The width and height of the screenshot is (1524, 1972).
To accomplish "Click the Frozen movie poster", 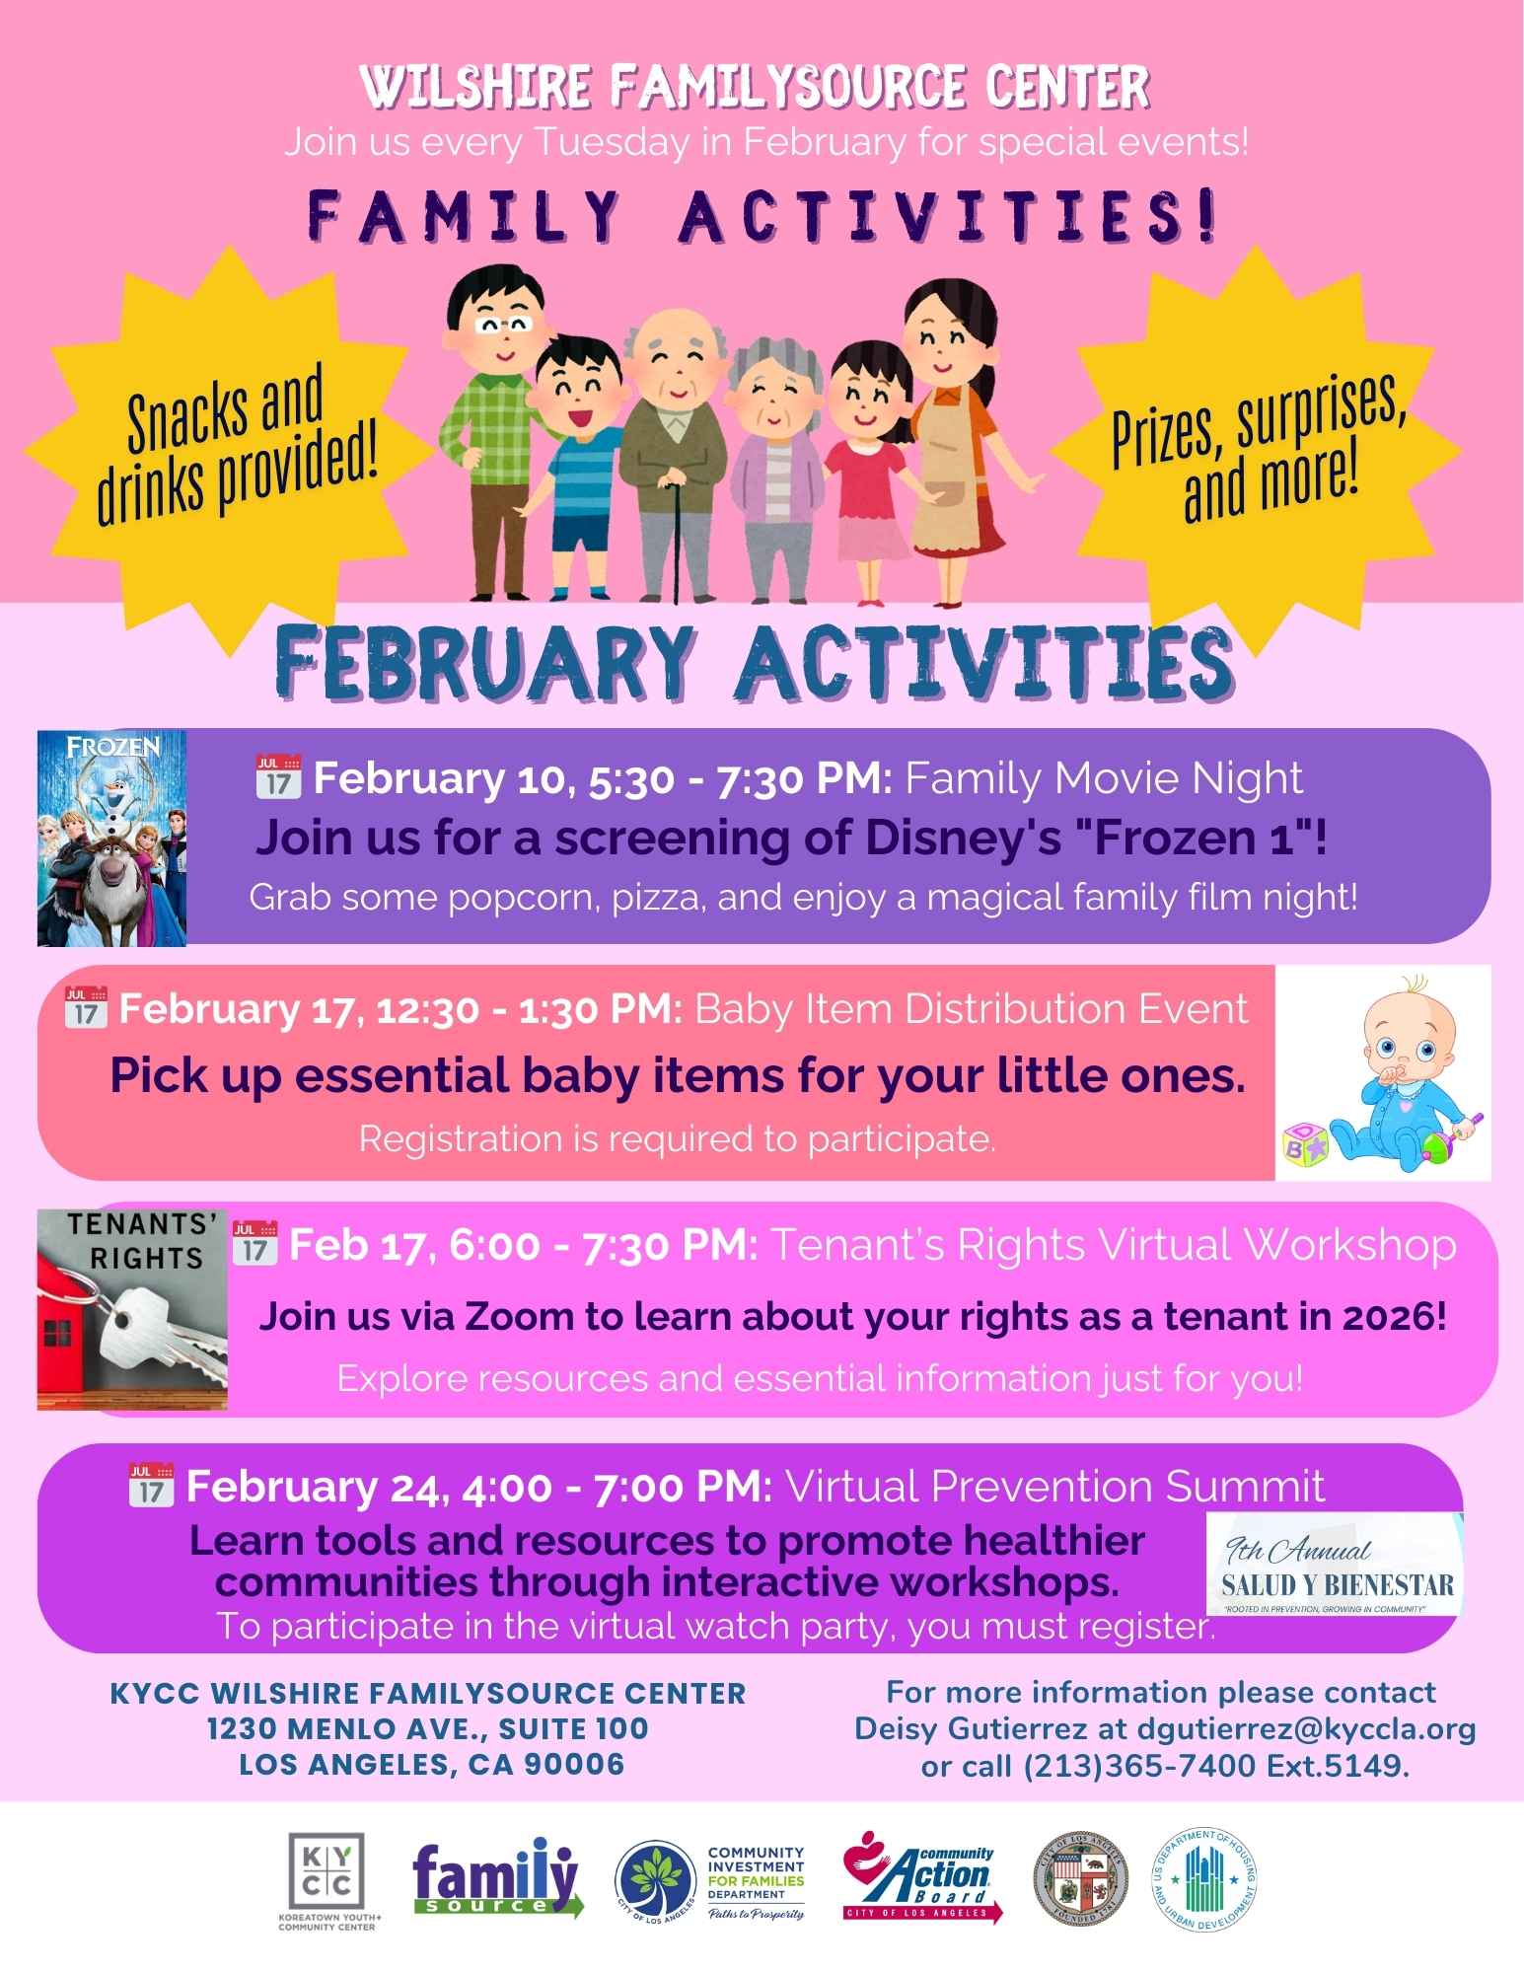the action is (111, 838).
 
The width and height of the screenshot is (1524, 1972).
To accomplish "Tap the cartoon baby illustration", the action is (1383, 1073).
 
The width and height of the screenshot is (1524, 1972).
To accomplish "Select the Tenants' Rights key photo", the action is (132, 1306).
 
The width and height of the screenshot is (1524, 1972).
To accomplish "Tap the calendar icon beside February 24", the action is (151, 1485).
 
